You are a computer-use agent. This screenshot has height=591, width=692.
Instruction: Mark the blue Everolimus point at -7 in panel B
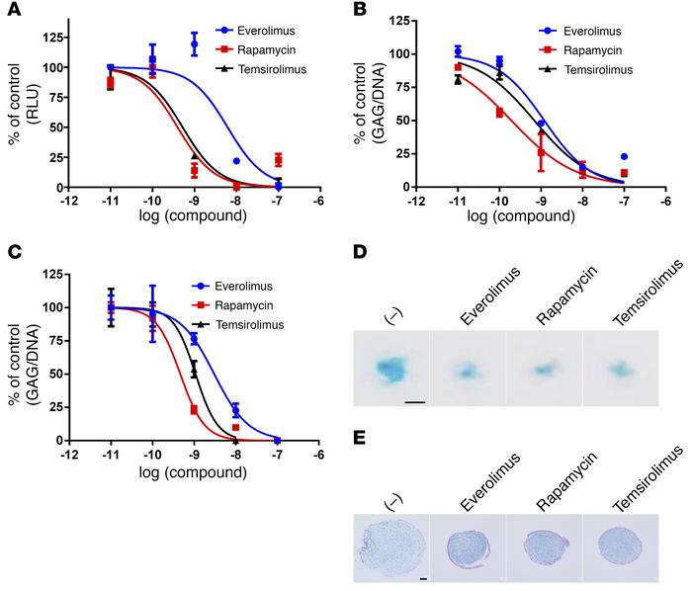pyautogui.click(x=625, y=156)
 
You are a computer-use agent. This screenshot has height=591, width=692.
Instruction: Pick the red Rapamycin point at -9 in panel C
pyautogui.click(x=194, y=409)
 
